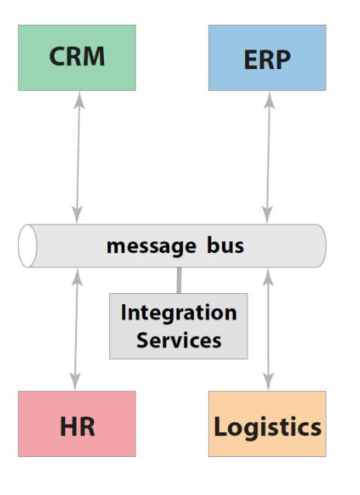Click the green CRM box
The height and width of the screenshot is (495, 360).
(77, 57)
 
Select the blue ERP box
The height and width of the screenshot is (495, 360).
(267, 57)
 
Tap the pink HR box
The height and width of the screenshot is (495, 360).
(77, 424)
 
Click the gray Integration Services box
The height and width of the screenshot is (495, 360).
(178, 326)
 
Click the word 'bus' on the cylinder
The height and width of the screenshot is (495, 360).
(225, 246)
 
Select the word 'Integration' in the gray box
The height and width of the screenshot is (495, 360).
(178, 313)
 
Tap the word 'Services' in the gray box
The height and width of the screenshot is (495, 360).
(178, 340)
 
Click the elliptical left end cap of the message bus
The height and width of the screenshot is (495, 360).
(27, 246)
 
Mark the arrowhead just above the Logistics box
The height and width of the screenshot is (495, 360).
(268, 383)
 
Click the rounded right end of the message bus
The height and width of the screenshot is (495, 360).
(319, 246)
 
